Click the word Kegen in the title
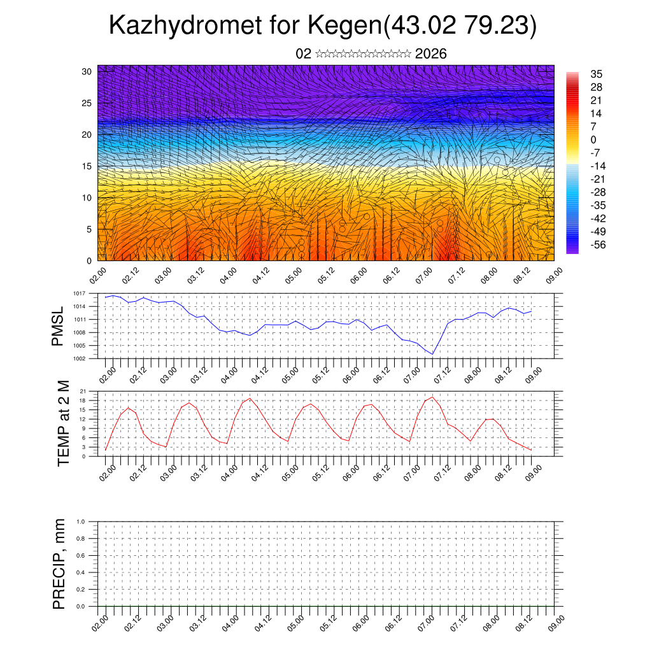coord(344,25)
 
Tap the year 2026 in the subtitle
coord(430,54)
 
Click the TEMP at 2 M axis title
coord(63,423)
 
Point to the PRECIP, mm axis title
coord(59,563)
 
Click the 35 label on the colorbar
coord(597,74)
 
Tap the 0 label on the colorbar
coord(593,139)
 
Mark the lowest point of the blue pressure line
coord(432,354)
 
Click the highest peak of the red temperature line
coord(433,397)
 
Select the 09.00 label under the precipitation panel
coord(556,622)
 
